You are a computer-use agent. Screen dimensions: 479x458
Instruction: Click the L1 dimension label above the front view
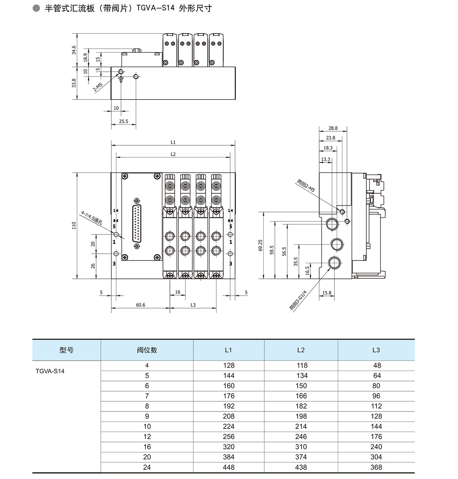[173, 142]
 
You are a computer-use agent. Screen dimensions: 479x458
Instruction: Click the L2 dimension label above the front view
[173, 154]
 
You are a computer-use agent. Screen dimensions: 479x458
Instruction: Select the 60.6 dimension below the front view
[140, 305]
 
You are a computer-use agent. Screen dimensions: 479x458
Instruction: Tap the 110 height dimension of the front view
[74, 225]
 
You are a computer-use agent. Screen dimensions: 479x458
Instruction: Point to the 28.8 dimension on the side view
[333, 129]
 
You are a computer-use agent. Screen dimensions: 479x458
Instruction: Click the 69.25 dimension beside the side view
[260, 245]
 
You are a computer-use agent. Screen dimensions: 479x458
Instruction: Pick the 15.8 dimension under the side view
[327, 293]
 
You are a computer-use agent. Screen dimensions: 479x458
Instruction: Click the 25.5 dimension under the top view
[124, 122]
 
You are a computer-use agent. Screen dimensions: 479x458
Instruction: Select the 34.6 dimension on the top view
[74, 50]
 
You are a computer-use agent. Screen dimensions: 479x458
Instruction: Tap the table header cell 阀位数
[147, 350]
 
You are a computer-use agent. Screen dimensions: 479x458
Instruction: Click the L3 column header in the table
[376, 350]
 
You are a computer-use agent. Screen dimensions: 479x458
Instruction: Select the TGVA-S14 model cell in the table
[50, 371]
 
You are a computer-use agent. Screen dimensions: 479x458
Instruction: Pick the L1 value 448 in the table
[229, 467]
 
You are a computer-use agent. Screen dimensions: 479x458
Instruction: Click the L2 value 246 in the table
[301, 437]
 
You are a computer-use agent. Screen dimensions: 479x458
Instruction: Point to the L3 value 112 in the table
[376, 406]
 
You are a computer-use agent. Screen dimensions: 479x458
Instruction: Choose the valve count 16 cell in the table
[147, 447]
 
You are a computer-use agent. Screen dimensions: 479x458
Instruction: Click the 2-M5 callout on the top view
[98, 87]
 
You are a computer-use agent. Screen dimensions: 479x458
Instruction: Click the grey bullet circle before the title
[37, 8]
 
